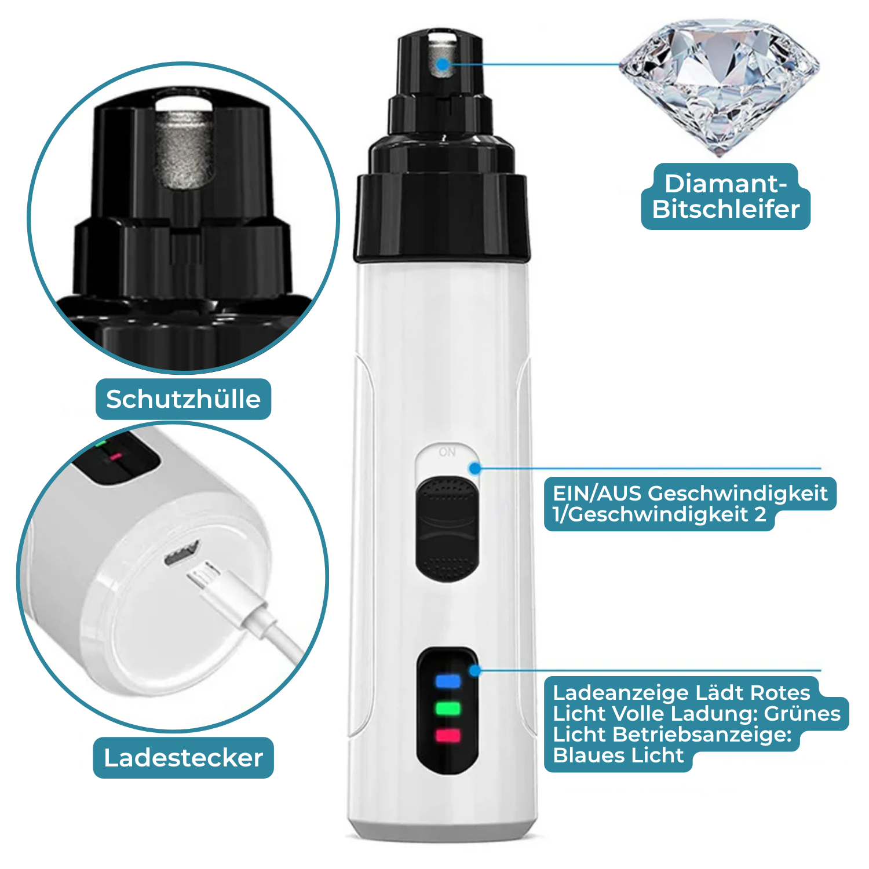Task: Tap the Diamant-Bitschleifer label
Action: [725, 196]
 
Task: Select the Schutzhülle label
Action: [183, 399]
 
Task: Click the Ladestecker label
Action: [183, 758]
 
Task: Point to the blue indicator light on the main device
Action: [448, 681]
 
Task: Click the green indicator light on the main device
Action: [448, 709]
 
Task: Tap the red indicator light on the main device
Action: [448, 736]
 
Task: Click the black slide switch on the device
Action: [447, 528]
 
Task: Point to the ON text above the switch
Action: [447, 452]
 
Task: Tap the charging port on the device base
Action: [181, 554]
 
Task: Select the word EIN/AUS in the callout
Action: [597, 494]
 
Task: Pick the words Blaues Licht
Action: [618, 755]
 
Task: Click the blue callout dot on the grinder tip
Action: [443, 64]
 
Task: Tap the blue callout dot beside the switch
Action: [475, 468]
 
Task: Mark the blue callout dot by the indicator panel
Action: [475, 671]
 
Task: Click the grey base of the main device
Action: [443, 830]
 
